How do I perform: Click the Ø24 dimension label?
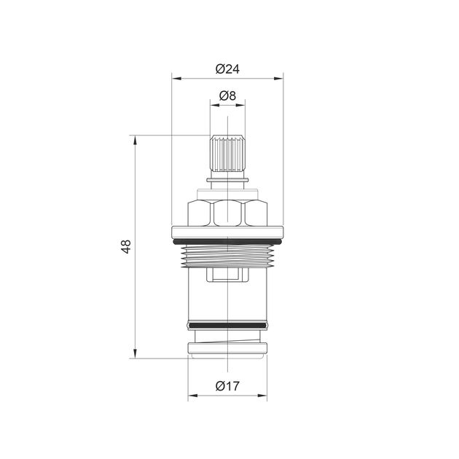[227, 69]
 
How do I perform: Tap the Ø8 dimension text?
[227, 95]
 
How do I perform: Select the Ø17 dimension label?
[227, 386]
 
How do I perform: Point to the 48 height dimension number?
[126, 246]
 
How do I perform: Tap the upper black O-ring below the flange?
[227, 242]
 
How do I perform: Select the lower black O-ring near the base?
[227, 325]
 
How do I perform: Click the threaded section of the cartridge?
[227, 256]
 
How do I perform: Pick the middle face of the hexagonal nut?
[227, 213]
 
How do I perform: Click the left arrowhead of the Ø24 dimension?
[176, 79]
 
